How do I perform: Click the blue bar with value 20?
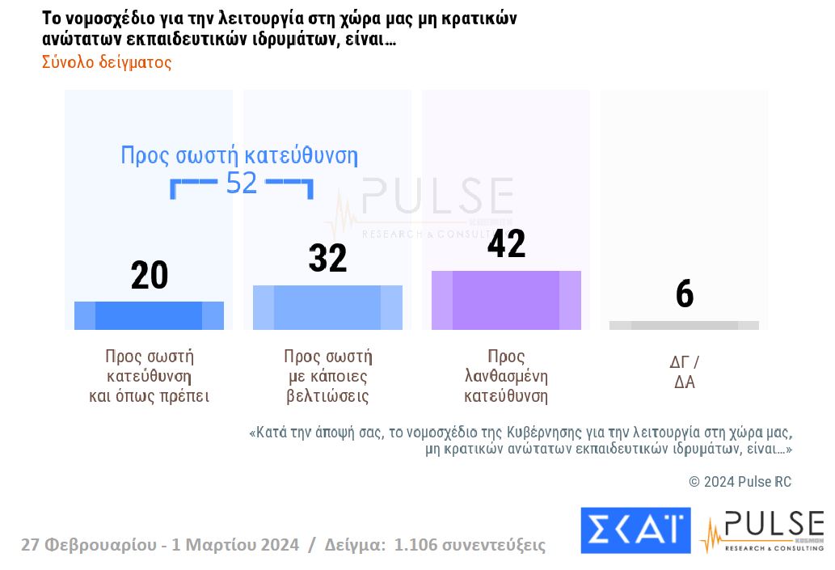click(x=149, y=315)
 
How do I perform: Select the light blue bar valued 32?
click(x=327, y=307)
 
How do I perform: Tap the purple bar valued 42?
click(x=506, y=300)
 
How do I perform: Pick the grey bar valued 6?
click(x=684, y=325)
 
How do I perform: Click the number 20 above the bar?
click(x=150, y=276)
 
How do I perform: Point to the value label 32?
click(x=327, y=259)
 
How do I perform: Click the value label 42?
click(x=506, y=244)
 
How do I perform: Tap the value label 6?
click(x=685, y=295)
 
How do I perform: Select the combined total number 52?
click(x=241, y=184)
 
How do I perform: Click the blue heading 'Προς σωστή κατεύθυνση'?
click(x=238, y=155)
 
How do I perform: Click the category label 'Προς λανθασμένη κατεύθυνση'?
click(x=506, y=377)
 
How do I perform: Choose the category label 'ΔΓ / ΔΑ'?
click(x=685, y=372)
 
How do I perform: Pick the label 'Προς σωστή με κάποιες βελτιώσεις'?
click(x=327, y=377)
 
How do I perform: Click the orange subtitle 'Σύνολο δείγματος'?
click(x=107, y=62)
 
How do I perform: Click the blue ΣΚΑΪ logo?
click(x=635, y=530)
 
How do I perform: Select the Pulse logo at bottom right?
click(x=761, y=530)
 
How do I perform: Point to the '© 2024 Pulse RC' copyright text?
click(x=740, y=482)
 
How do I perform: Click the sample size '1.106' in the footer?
click(x=417, y=545)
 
